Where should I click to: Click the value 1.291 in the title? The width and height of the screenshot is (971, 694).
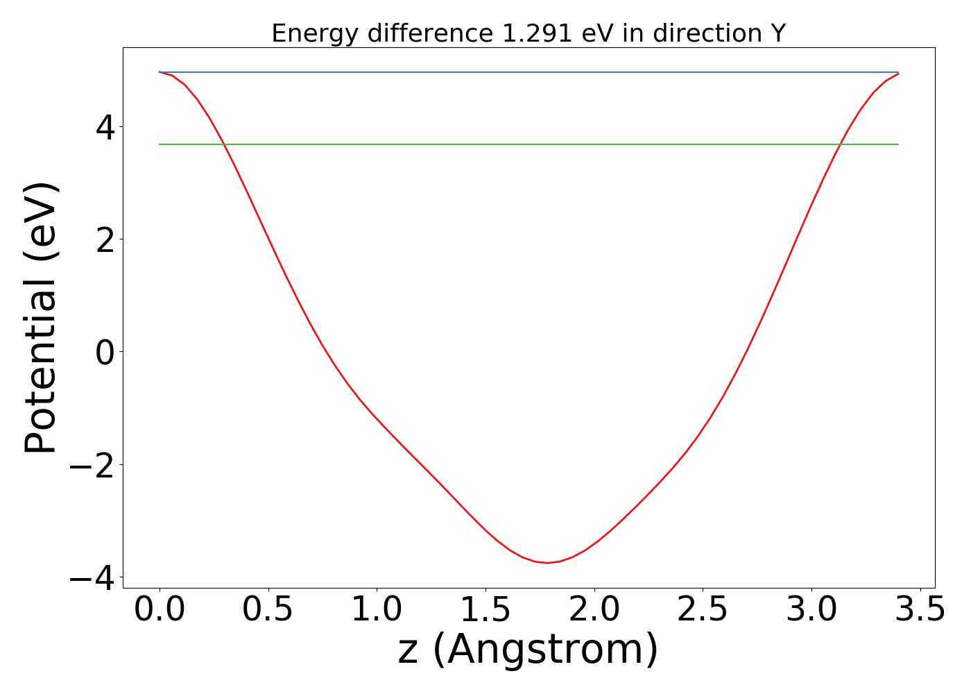tap(534, 33)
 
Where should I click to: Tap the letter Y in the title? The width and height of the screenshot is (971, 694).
tap(777, 33)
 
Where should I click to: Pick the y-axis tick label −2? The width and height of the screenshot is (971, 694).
tap(92, 464)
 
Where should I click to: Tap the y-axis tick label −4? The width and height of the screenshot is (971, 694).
tap(92, 577)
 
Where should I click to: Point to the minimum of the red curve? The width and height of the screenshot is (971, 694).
tap(547, 563)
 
